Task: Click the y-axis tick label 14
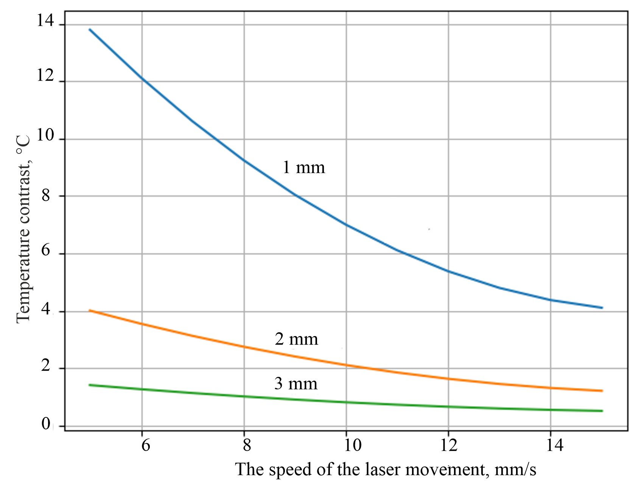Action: [x=45, y=22]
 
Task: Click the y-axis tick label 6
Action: [x=46, y=250]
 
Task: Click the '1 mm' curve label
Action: [x=304, y=167]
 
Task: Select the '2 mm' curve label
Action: [x=296, y=339]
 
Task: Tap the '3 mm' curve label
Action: [x=296, y=384]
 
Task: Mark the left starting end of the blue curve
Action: [x=90, y=29]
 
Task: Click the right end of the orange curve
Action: [x=602, y=391]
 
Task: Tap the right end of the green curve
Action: [x=602, y=411]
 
